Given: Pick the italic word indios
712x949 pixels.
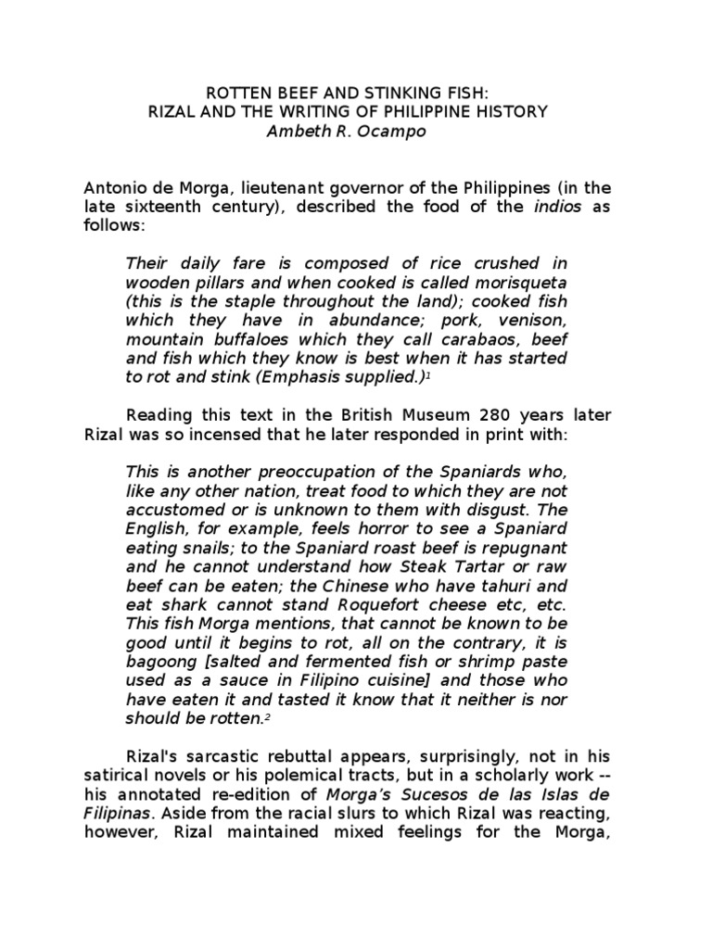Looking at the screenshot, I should click(x=555, y=207).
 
